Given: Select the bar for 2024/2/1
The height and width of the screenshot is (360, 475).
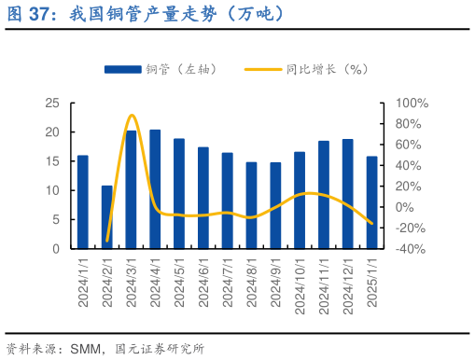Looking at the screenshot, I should tap(106, 217).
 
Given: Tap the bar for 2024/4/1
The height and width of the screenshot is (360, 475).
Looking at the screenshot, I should tap(155, 189).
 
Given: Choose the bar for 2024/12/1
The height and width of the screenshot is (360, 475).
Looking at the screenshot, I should tap(347, 194).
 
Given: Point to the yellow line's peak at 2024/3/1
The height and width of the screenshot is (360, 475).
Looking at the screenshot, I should tap(132, 115).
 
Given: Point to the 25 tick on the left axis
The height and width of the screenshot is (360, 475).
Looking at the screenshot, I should tap(53, 104).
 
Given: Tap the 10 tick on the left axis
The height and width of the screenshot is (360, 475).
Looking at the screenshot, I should tap(53, 191).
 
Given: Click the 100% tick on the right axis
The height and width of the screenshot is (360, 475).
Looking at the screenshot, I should tap(412, 104).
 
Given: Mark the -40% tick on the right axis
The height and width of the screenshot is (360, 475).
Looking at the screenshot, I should tap(412, 249).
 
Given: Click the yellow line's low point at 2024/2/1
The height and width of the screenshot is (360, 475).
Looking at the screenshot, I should tap(107, 242).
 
